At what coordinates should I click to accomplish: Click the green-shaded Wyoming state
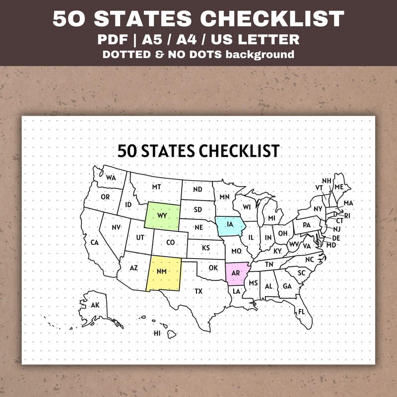pos(162,216)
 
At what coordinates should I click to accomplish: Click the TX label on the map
pos(198,291)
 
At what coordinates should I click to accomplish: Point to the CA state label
pos(94,243)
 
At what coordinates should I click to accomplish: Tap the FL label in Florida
pos(301,312)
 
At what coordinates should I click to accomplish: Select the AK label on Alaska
pos(95,305)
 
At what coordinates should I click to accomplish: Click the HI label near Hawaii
pos(157,333)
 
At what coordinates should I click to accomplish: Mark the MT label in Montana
pos(156,187)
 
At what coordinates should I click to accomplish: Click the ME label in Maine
pos(339,187)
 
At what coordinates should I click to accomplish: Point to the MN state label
pos(224,197)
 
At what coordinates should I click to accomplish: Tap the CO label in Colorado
pos(170,243)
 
